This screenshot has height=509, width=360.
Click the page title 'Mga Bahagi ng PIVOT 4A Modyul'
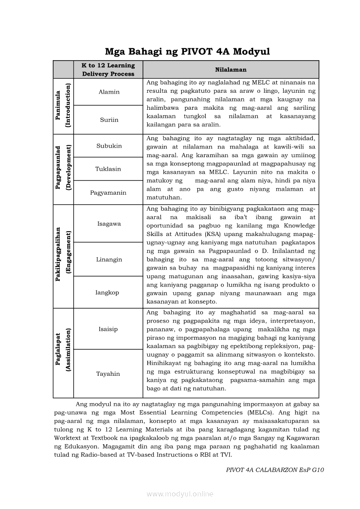tap(187, 52)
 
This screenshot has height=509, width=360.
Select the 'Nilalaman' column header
tap(231, 70)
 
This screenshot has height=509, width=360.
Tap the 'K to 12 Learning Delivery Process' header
tap(108, 70)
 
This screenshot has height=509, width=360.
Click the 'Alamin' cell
tap(109, 92)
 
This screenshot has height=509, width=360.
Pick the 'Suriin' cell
tap(109, 120)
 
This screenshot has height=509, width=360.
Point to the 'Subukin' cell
tap(109, 146)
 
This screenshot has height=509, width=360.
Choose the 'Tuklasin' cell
tap(109, 169)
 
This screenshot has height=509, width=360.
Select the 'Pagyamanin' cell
tap(109, 192)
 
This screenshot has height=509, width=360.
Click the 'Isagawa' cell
tap(109, 224)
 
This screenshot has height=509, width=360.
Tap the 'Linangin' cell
tap(109, 260)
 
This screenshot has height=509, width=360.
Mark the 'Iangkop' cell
tap(107, 293)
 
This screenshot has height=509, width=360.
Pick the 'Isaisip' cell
tap(108, 329)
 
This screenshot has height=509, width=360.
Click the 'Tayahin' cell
tap(108, 374)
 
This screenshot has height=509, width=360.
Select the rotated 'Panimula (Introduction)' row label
tap(63, 106)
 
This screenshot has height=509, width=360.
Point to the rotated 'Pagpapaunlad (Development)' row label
tap(63, 169)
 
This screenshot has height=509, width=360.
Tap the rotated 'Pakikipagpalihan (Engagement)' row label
tap(63, 256)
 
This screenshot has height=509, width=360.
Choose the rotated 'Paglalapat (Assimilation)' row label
tap(63, 353)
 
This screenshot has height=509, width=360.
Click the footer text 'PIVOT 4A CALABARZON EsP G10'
tap(275, 470)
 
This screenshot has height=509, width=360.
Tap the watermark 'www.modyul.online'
tap(180, 494)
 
